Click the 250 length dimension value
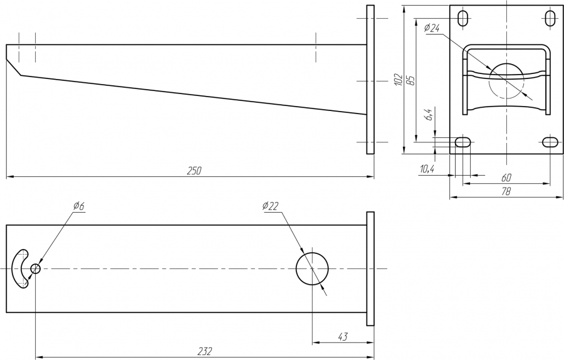click(194, 171)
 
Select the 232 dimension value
click(206, 351)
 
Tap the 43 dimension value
click(343, 337)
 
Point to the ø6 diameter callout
click(78, 206)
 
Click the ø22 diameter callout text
click(271, 206)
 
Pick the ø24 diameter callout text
click(432, 28)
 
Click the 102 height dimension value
click(398, 79)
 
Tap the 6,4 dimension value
click(429, 115)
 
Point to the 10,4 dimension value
click(427, 169)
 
